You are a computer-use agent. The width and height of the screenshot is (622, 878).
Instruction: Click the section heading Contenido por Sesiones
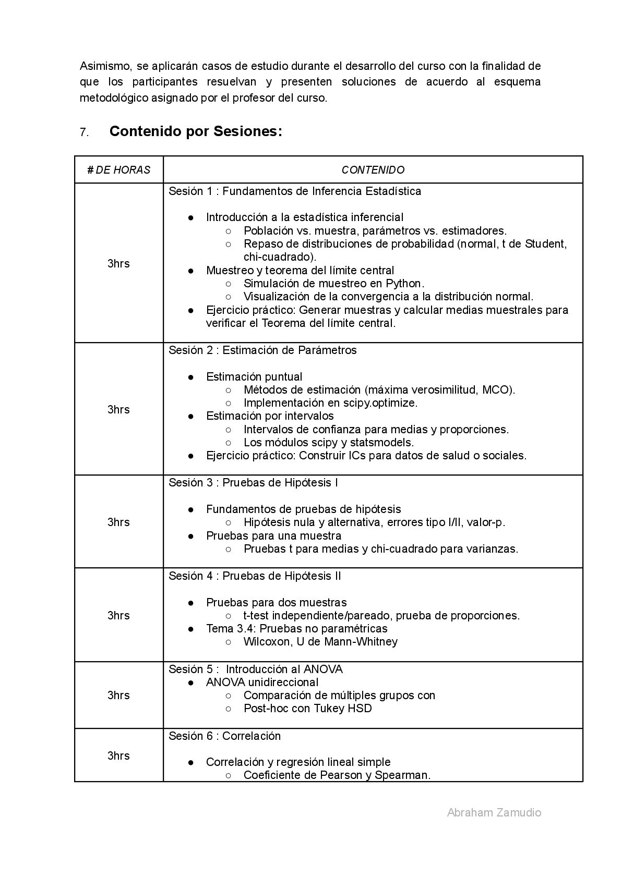tap(196, 132)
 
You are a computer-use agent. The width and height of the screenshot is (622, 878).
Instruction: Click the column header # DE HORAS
tap(119, 170)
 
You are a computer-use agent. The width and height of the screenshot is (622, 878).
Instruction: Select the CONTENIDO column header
tap(373, 170)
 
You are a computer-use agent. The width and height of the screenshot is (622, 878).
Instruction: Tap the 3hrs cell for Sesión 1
tap(118, 264)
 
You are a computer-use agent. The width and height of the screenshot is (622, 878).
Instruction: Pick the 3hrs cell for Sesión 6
tap(118, 756)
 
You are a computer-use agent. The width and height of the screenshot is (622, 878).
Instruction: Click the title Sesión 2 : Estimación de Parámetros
tap(262, 350)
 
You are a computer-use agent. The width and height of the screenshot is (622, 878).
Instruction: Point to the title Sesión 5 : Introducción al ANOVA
tap(256, 669)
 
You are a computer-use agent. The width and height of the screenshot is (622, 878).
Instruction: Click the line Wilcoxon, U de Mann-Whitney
tap(320, 642)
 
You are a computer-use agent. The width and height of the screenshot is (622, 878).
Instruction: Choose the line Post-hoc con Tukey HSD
tap(307, 709)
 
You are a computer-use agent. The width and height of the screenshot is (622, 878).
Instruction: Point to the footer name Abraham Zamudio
tap(494, 812)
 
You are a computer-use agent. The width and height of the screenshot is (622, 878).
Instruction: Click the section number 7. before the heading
tap(84, 133)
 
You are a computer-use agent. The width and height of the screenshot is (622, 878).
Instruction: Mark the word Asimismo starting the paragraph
tap(103, 66)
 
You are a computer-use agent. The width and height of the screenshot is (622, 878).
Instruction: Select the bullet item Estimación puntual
tap(254, 377)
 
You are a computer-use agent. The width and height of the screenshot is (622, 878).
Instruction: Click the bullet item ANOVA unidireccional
tap(262, 682)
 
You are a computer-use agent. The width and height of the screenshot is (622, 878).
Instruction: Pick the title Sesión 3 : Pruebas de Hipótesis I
tap(253, 483)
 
